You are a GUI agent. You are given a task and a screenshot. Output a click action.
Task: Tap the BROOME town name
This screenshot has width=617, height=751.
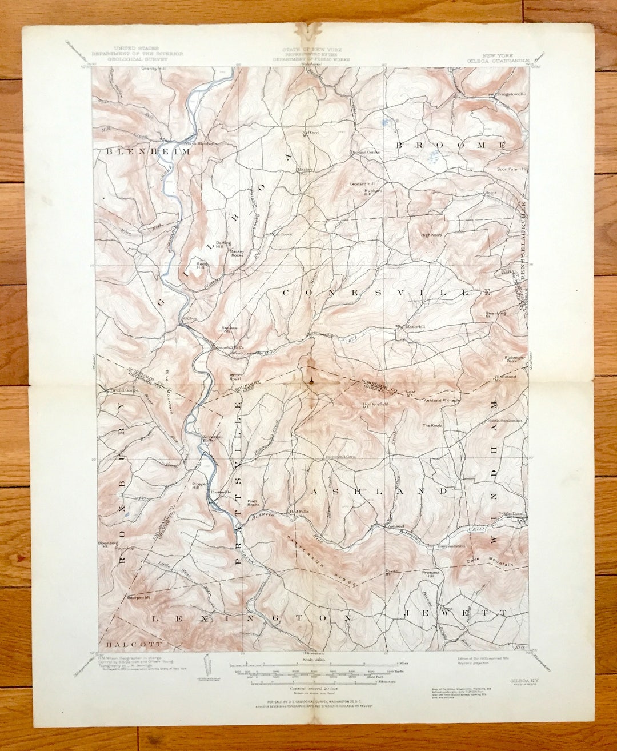click(451, 146)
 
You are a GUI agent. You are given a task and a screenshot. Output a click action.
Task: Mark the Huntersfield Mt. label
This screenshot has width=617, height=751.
click(375, 404)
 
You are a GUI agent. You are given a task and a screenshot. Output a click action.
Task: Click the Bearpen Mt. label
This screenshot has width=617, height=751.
click(138, 598)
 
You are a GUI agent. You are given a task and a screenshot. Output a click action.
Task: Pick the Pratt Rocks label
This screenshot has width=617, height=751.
click(253, 504)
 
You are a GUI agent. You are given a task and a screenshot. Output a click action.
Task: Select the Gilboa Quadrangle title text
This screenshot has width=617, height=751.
click(506, 59)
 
